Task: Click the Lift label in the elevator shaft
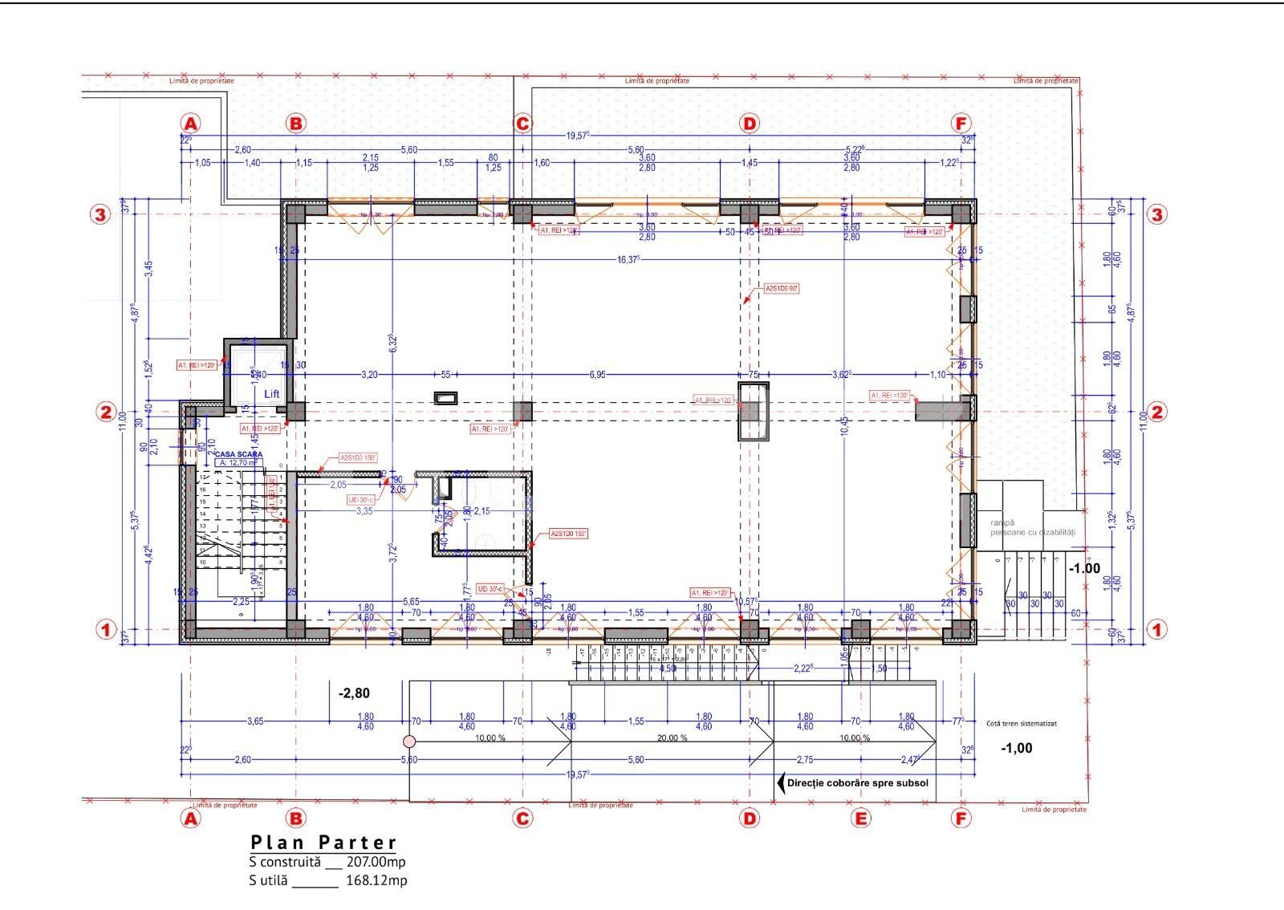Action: (x=272, y=394)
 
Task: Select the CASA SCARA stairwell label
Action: (x=238, y=454)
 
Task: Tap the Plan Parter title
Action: (x=323, y=842)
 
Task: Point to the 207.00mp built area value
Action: (x=376, y=861)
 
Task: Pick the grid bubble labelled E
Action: (x=860, y=819)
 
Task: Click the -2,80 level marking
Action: (x=354, y=693)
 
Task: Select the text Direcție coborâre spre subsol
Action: (x=858, y=782)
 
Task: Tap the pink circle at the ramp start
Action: (x=409, y=741)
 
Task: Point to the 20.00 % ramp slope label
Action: (x=672, y=738)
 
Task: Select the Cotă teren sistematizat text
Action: (x=1022, y=723)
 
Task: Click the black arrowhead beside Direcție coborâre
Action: (x=779, y=782)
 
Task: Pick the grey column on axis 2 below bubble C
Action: (x=522, y=412)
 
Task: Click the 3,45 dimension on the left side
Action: (x=148, y=270)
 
